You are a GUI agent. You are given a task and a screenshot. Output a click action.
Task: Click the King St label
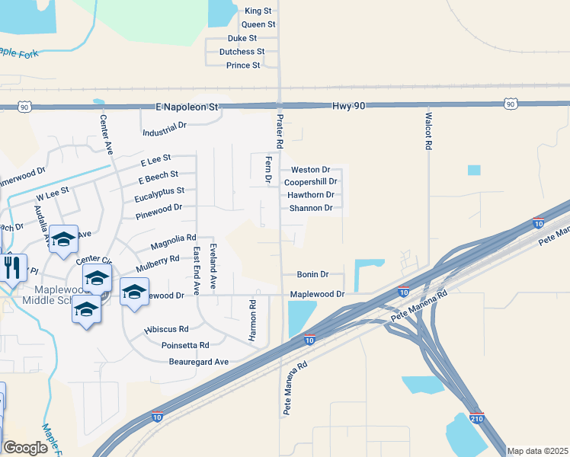pyautogui.click(x=258, y=11)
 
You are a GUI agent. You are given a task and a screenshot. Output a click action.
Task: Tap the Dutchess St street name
pyautogui.click(x=242, y=52)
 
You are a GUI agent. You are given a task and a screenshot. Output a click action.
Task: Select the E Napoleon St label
pyautogui.click(x=187, y=108)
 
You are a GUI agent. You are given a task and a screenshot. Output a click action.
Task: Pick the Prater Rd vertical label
pyautogui.click(x=280, y=132)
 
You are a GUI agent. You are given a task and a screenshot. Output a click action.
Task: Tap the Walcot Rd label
pyautogui.click(x=429, y=132)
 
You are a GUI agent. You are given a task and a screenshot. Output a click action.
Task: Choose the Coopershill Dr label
pyautogui.click(x=310, y=183)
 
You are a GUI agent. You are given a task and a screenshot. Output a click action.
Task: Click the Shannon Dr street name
pyautogui.click(x=311, y=208)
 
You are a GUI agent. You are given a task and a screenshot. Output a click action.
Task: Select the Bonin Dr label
pyautogui.click(x=312, y=274)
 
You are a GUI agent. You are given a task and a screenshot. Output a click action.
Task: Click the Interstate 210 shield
pyautogui.click(x=477, y=419)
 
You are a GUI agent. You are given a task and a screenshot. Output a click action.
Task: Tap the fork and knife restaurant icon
pyautogui.click(x=11, y=267)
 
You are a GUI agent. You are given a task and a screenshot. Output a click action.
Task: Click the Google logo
pyautogui.click(x=25, y=448)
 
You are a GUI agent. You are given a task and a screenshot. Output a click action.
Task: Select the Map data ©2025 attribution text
pyautogui.click(x=537, y=451)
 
